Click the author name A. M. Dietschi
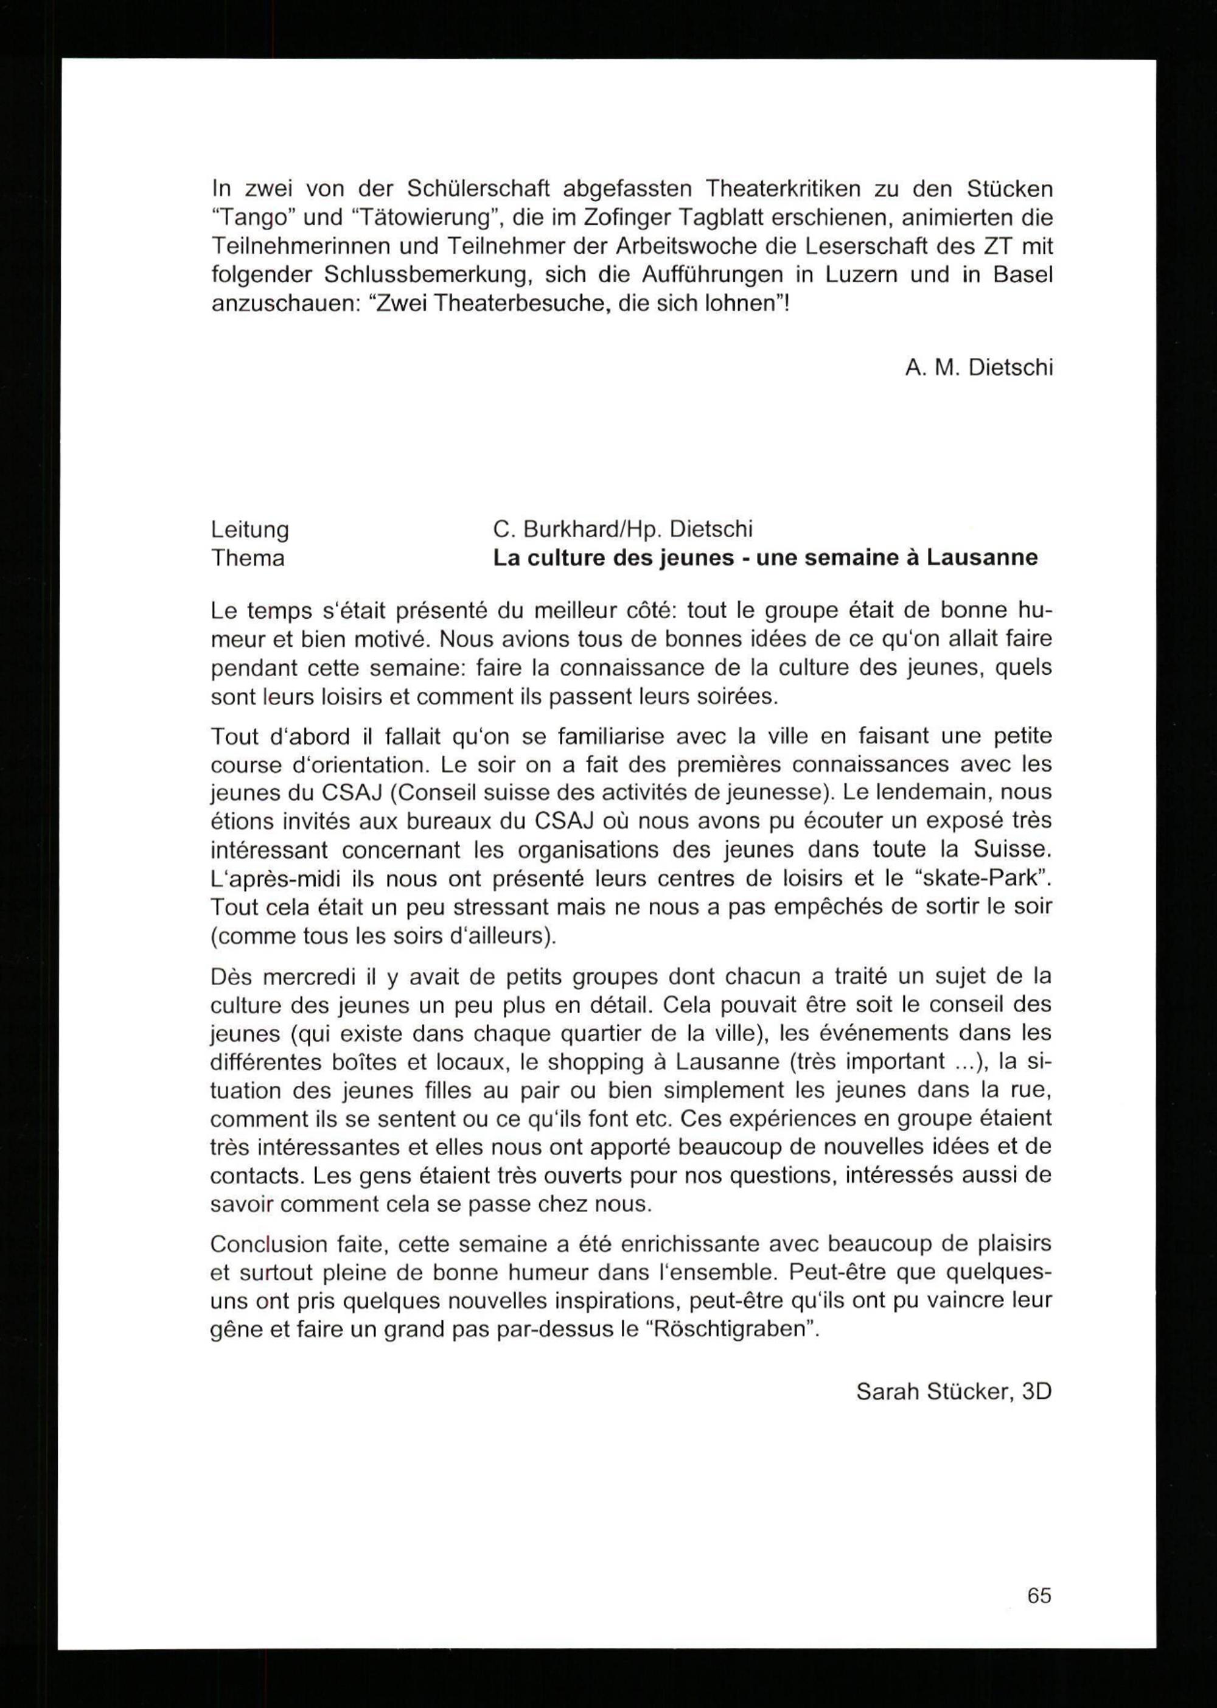(x=978, y=368)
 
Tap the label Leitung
(x=249, y=530)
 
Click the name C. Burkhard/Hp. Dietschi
(x=622, y=530)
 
